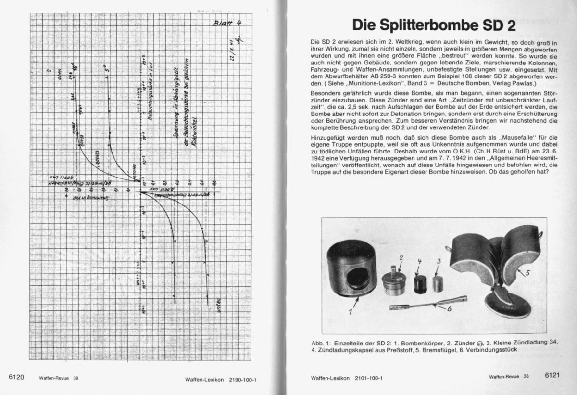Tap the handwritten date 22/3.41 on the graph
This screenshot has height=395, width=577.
click(x=230, y=48)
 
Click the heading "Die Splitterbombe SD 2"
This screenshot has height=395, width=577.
click(x=433, y=24)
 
